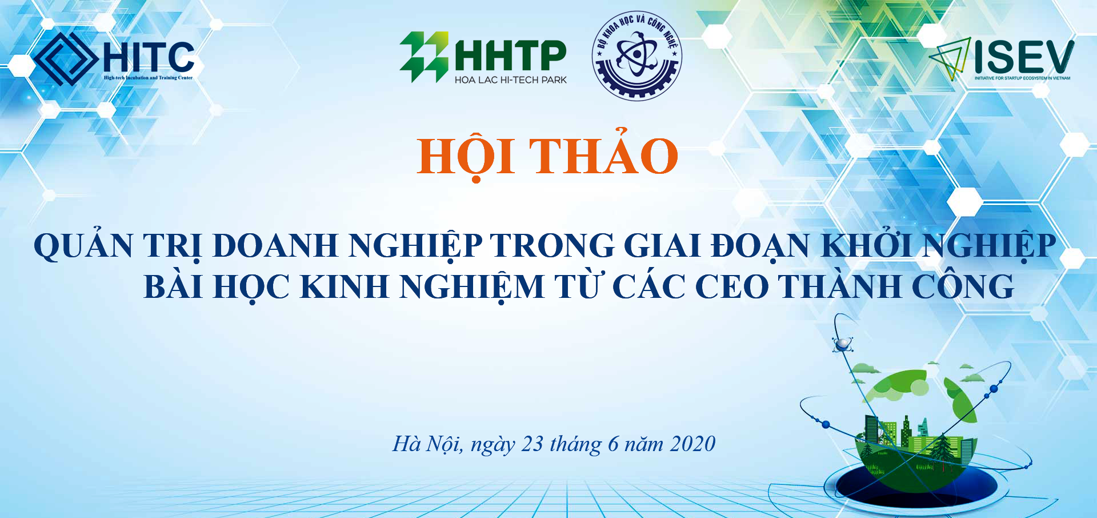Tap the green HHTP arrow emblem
point(424,57)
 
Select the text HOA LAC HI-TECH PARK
point(510,80)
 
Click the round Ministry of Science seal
point(636,55)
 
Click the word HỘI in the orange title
point(466,156)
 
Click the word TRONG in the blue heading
point(552,246)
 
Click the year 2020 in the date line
point(692,444)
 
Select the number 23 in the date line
point(533,444)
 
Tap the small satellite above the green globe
point(842,344)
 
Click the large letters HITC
point(149,57)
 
